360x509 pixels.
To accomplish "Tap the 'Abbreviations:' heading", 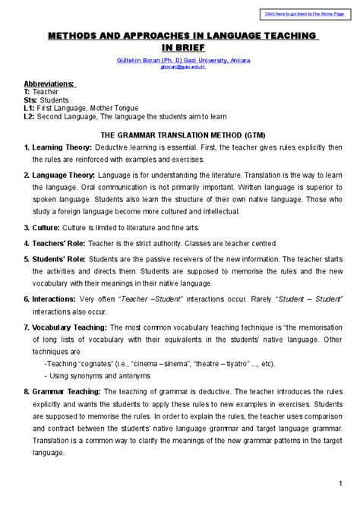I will coord(49,84).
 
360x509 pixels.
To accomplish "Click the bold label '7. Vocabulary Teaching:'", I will coord(65,327).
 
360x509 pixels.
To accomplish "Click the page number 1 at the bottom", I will coord(340,484).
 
